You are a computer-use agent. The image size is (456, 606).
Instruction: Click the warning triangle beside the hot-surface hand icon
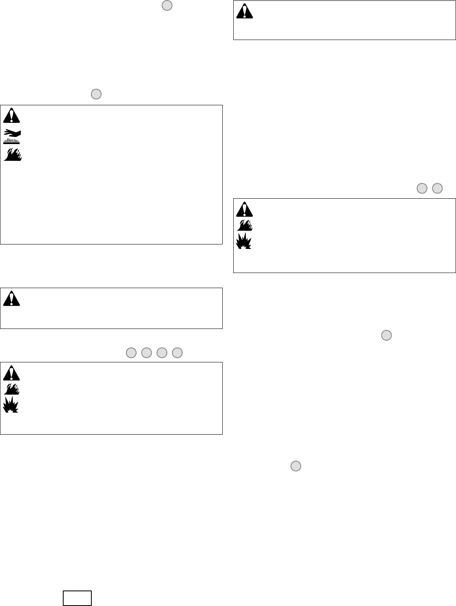point(11,116)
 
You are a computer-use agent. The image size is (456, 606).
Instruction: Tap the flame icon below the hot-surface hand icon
point(13,154)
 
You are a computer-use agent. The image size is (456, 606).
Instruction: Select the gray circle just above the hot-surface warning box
point(96,94)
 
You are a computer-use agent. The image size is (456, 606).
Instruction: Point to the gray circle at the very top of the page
point(167,5)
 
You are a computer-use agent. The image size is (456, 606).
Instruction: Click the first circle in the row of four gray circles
point(131,353)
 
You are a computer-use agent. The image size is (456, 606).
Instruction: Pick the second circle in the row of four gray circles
point(146,353)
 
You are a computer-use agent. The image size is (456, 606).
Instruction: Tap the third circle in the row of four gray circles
point(162,353)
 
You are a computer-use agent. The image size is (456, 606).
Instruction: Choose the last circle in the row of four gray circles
point(177,353)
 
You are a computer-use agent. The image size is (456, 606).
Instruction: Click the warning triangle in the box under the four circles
point(11,373)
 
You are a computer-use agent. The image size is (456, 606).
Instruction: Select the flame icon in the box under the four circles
point(12,388)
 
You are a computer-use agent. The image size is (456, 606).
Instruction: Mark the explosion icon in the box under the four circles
point(11,404)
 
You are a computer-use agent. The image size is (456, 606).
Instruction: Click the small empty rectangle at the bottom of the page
point(77,598)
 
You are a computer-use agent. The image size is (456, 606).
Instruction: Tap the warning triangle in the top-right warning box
point(245,11)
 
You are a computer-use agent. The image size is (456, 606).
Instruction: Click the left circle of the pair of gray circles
point(422,188)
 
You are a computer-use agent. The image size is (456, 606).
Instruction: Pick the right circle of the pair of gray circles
point(437,188)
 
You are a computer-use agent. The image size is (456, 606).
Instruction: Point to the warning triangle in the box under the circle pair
point(245,209)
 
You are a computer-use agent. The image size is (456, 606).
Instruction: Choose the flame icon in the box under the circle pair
point(245,225)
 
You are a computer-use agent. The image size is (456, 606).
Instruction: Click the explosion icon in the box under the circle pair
point(244,241)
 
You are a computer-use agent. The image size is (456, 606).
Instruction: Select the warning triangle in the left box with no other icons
point(11,299)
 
